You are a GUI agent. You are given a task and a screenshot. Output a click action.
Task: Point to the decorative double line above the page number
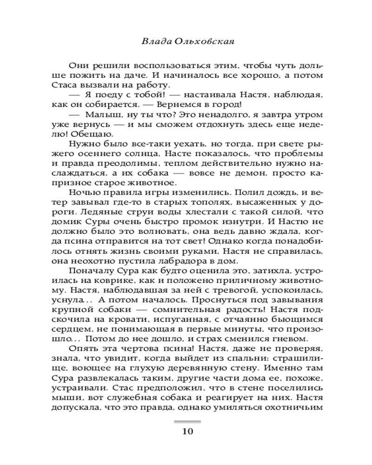(186, 421)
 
